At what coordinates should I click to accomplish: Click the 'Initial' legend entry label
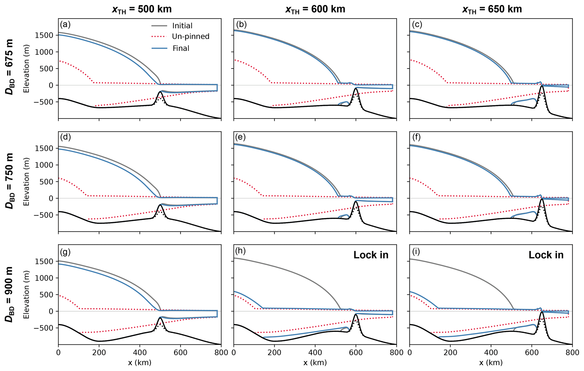click(182, 26)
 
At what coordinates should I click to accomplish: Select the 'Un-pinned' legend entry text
click(191, 37)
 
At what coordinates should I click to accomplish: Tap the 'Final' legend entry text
click(181, 48)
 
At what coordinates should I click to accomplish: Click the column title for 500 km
click(142, 9)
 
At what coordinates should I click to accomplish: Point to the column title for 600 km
click(315, 9)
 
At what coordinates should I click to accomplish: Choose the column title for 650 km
click(492, 9)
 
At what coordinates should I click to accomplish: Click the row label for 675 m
click(10, 68)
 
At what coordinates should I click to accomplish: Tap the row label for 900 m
click(10, 294)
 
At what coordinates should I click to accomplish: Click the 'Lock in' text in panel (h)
click(371, 255)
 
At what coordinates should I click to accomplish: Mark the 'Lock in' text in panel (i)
click(546, 255)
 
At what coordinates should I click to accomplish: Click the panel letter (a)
click(65, 25)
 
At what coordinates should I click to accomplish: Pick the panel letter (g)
click(65, 251)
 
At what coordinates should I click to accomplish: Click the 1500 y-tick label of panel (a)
click(45, 35)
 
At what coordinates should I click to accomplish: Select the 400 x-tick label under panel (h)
click(315, 352)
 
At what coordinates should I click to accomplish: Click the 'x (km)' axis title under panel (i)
click(491, 363)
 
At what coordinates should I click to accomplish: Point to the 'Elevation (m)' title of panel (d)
click(26, 181)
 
